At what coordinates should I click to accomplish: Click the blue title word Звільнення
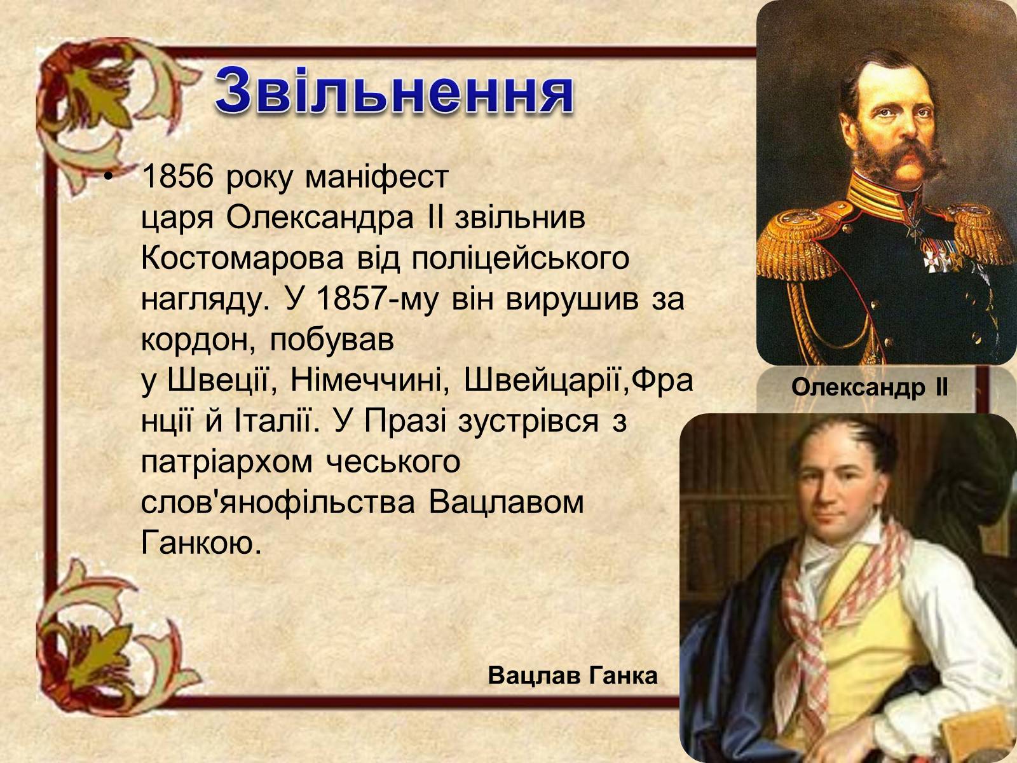click(x=394, y=91)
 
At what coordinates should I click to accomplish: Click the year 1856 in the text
click(x=178, y=177)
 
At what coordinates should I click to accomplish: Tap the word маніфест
click(x=377, y=177)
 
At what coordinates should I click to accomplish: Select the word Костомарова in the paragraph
click(x=243, y=258)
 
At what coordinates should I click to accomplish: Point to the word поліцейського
click(x=521, y=259)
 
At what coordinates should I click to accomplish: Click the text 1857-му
click(x=377, y=299)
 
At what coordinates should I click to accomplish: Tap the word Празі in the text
click(x=406, y=422)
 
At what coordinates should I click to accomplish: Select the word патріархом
click(x=227, y=463)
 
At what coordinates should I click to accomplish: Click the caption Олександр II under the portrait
click(x=870, y=387)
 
